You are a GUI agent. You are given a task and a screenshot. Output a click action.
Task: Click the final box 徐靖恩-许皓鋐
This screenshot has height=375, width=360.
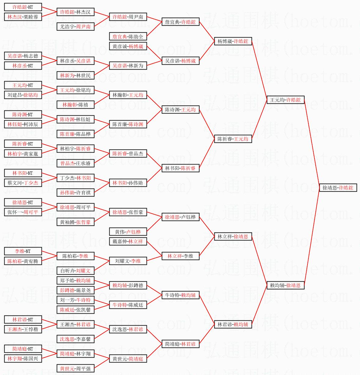coord(338,188)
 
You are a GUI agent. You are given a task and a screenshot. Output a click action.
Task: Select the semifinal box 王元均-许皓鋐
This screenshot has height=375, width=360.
coord(285,100)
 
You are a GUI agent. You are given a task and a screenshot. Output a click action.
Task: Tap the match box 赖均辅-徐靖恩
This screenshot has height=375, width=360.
coord(285,285)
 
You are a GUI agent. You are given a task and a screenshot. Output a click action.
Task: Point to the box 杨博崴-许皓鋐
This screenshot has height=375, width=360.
coord(233,41)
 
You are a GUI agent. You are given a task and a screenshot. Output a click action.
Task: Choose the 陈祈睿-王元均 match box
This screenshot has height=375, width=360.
coord(233,139)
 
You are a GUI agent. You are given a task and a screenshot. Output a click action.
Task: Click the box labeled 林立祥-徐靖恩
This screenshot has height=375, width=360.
coord(233,236)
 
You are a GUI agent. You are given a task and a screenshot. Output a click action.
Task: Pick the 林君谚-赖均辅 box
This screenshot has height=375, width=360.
coord(233,324)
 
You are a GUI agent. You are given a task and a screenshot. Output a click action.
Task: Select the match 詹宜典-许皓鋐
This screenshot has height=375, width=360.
coord(180,22)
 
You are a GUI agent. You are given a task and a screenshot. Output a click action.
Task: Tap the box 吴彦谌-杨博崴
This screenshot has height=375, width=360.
coord(180,61)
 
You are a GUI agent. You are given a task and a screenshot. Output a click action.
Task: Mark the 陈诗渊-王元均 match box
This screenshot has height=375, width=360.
coord(180,110)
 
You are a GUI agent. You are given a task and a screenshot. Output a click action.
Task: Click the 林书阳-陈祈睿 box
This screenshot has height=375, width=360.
coord(180,168)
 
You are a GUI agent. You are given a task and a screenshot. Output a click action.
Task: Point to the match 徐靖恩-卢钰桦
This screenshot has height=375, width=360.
coord(180,217)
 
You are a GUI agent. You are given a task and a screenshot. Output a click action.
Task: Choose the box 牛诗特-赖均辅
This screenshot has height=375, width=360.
coord(180,295)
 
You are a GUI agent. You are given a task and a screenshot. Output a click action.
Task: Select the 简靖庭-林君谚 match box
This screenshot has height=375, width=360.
coord(180,344)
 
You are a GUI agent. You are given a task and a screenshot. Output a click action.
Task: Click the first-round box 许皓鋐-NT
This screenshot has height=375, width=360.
coord(23,7)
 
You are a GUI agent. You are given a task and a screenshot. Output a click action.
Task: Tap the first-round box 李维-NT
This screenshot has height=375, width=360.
coord(23,251)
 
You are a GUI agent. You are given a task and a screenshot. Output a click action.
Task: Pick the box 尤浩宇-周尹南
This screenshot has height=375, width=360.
coord(75,27)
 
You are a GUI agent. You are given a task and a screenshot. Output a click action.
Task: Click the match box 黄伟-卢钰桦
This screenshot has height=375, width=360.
coord(128,232)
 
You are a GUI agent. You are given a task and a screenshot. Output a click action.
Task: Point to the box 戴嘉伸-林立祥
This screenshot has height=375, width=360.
coord(128,241)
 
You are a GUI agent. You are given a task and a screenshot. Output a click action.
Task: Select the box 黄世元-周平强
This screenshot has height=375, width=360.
coord(75,368)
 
